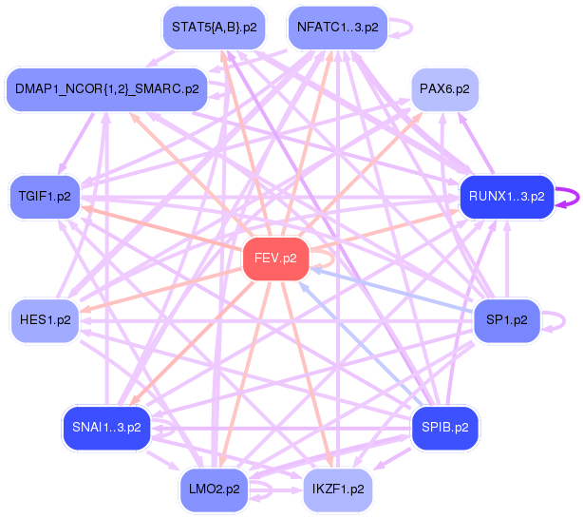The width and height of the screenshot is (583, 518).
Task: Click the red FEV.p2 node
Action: click(276, 259)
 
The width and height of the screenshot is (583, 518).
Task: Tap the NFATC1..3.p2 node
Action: click(337, 28)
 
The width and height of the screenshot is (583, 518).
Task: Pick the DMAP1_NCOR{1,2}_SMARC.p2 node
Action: click(106, 89)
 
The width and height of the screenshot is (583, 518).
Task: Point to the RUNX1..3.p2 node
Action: click(506, 197)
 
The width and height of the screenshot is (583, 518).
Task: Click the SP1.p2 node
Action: click(506, 320)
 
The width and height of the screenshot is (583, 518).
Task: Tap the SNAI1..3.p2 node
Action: click(105, 428)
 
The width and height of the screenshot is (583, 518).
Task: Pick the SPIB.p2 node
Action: click(444, 428)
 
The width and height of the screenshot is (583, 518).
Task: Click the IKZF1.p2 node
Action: click(337, 489)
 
